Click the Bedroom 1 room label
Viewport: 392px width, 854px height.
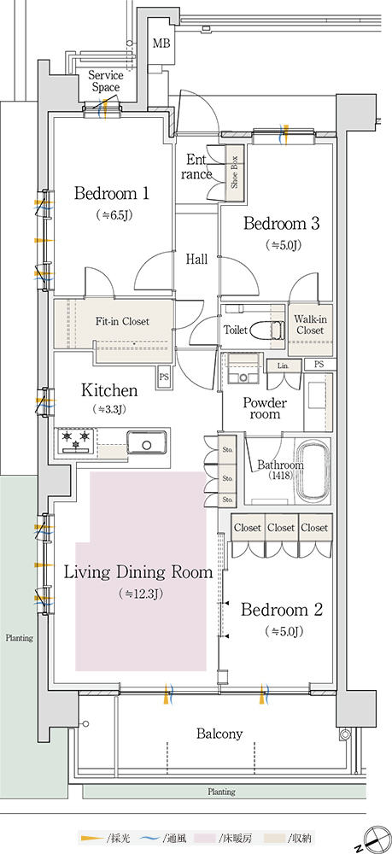point(112,193)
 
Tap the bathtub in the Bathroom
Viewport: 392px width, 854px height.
point(313,470)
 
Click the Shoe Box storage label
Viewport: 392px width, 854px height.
point(235,173)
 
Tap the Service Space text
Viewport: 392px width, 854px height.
point(106,81)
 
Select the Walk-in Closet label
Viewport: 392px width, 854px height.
point(309,325)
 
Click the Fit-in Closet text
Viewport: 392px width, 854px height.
point(122,321)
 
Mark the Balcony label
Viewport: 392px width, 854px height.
point(219,734)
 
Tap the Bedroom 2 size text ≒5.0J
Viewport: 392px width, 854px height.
point(284,632)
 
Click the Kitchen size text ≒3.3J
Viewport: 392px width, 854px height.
point(109,409)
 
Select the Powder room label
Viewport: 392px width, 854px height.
point(265,408)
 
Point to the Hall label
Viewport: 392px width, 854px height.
point(196,260)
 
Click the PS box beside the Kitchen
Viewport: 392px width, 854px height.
point(164,377)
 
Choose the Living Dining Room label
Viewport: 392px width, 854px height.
point(138,572)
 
